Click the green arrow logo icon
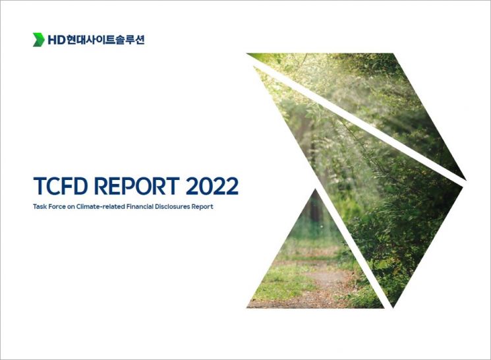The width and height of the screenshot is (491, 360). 39,40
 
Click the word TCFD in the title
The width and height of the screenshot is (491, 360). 63,186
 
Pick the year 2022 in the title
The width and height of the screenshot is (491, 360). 212,186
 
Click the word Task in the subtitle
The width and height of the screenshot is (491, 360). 40,206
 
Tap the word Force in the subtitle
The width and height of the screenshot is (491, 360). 60,206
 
